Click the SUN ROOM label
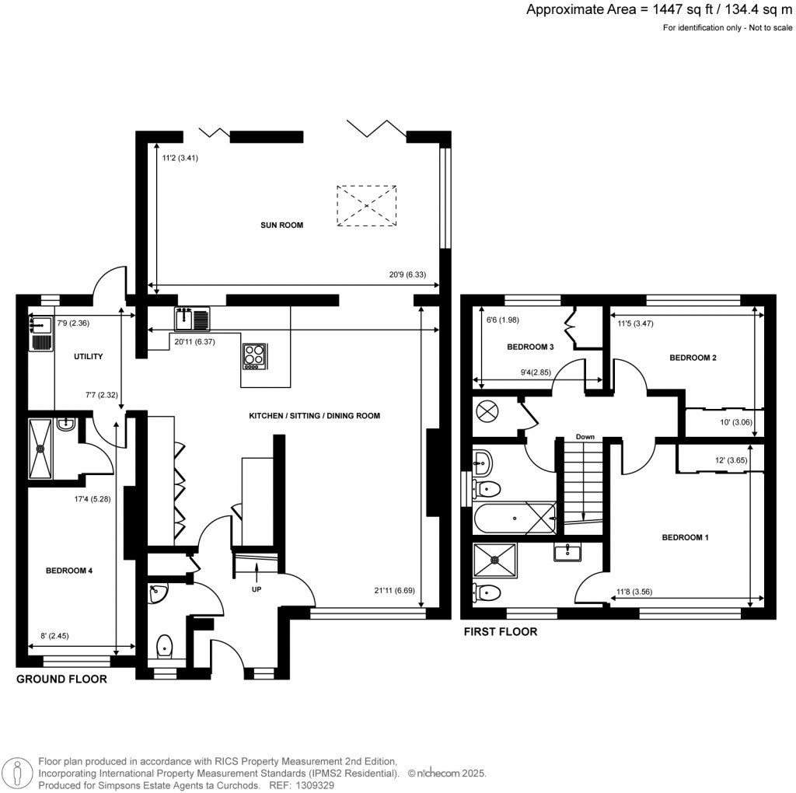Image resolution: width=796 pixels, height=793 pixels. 281,225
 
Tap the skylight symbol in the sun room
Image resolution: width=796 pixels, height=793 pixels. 367,205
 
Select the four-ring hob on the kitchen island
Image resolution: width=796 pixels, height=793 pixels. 255,355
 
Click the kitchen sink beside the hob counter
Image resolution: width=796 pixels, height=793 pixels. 192,318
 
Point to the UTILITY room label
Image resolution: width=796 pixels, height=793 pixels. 88,356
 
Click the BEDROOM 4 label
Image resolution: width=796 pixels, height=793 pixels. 69,571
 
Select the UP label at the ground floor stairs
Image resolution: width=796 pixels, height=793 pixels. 256,589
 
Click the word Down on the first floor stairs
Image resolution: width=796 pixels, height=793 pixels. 585,437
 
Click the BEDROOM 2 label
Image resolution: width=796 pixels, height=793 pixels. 693,358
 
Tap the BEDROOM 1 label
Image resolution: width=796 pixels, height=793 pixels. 685,537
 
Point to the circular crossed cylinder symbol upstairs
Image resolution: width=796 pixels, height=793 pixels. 487,411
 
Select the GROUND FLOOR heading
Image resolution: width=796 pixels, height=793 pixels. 61,679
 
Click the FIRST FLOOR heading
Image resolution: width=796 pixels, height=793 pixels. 500,631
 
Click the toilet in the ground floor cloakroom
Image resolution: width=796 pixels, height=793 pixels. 165,645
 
